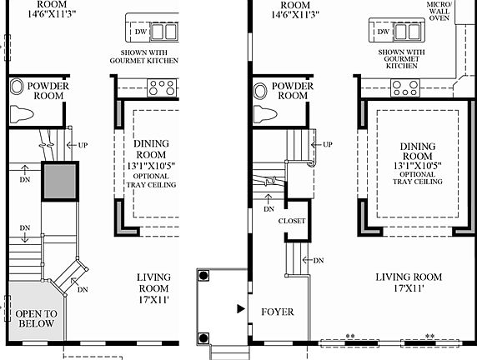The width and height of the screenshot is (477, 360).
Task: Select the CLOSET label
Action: [292, 221]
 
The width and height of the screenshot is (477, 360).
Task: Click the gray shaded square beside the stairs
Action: [60, 180]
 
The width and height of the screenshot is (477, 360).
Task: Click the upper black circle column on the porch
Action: [203, 274]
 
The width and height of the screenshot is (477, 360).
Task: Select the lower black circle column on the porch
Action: [203, 337]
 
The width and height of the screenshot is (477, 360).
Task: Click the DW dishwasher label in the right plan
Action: [383, 32]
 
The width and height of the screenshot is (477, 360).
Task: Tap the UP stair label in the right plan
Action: [327, 144]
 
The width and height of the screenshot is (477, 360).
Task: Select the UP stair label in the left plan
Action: [83, 145]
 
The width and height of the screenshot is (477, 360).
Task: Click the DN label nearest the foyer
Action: [319, 260]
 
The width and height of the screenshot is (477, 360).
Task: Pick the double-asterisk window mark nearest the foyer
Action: [351, 335]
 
